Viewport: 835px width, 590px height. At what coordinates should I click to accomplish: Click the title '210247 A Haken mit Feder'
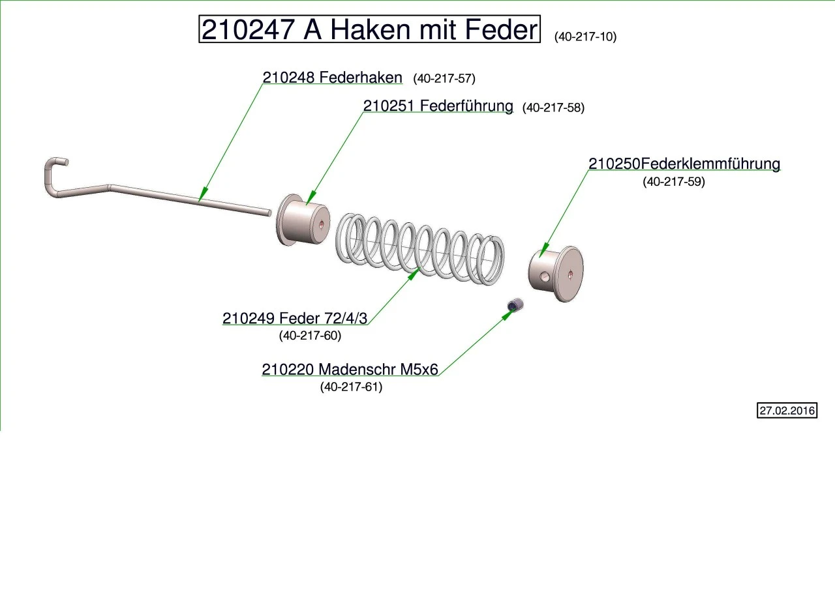click(369, 30)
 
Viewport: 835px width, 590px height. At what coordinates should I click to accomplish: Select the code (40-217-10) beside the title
click(585, 37)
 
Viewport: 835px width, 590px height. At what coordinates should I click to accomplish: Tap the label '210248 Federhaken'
click(332, 78)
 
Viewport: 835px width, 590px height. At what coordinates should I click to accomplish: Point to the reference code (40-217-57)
click(444, 79)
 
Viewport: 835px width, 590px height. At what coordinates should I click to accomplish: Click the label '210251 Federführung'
click(438, 106)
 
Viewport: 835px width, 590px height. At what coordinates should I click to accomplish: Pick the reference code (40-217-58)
click(553, 108)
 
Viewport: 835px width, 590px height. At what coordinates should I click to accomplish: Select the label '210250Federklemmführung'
click(684, 164)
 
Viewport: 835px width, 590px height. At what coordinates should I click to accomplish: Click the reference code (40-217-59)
click(674, 182)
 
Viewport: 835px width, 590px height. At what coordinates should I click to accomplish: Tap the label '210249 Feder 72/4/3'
click(295, 318)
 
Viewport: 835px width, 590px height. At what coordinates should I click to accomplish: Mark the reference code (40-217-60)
click(310, 336)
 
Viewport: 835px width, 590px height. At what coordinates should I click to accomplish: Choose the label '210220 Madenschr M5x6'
click(350, 370)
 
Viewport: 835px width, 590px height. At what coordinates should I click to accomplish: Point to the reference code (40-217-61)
click(351, 387)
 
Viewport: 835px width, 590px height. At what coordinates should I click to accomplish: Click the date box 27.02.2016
click(787, 411)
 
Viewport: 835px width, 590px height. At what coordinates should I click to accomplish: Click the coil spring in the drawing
click(421, 248)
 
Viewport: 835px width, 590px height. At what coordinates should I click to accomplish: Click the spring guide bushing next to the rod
click(303, 222)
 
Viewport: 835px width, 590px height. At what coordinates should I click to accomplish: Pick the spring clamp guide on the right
click(556, 273)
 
